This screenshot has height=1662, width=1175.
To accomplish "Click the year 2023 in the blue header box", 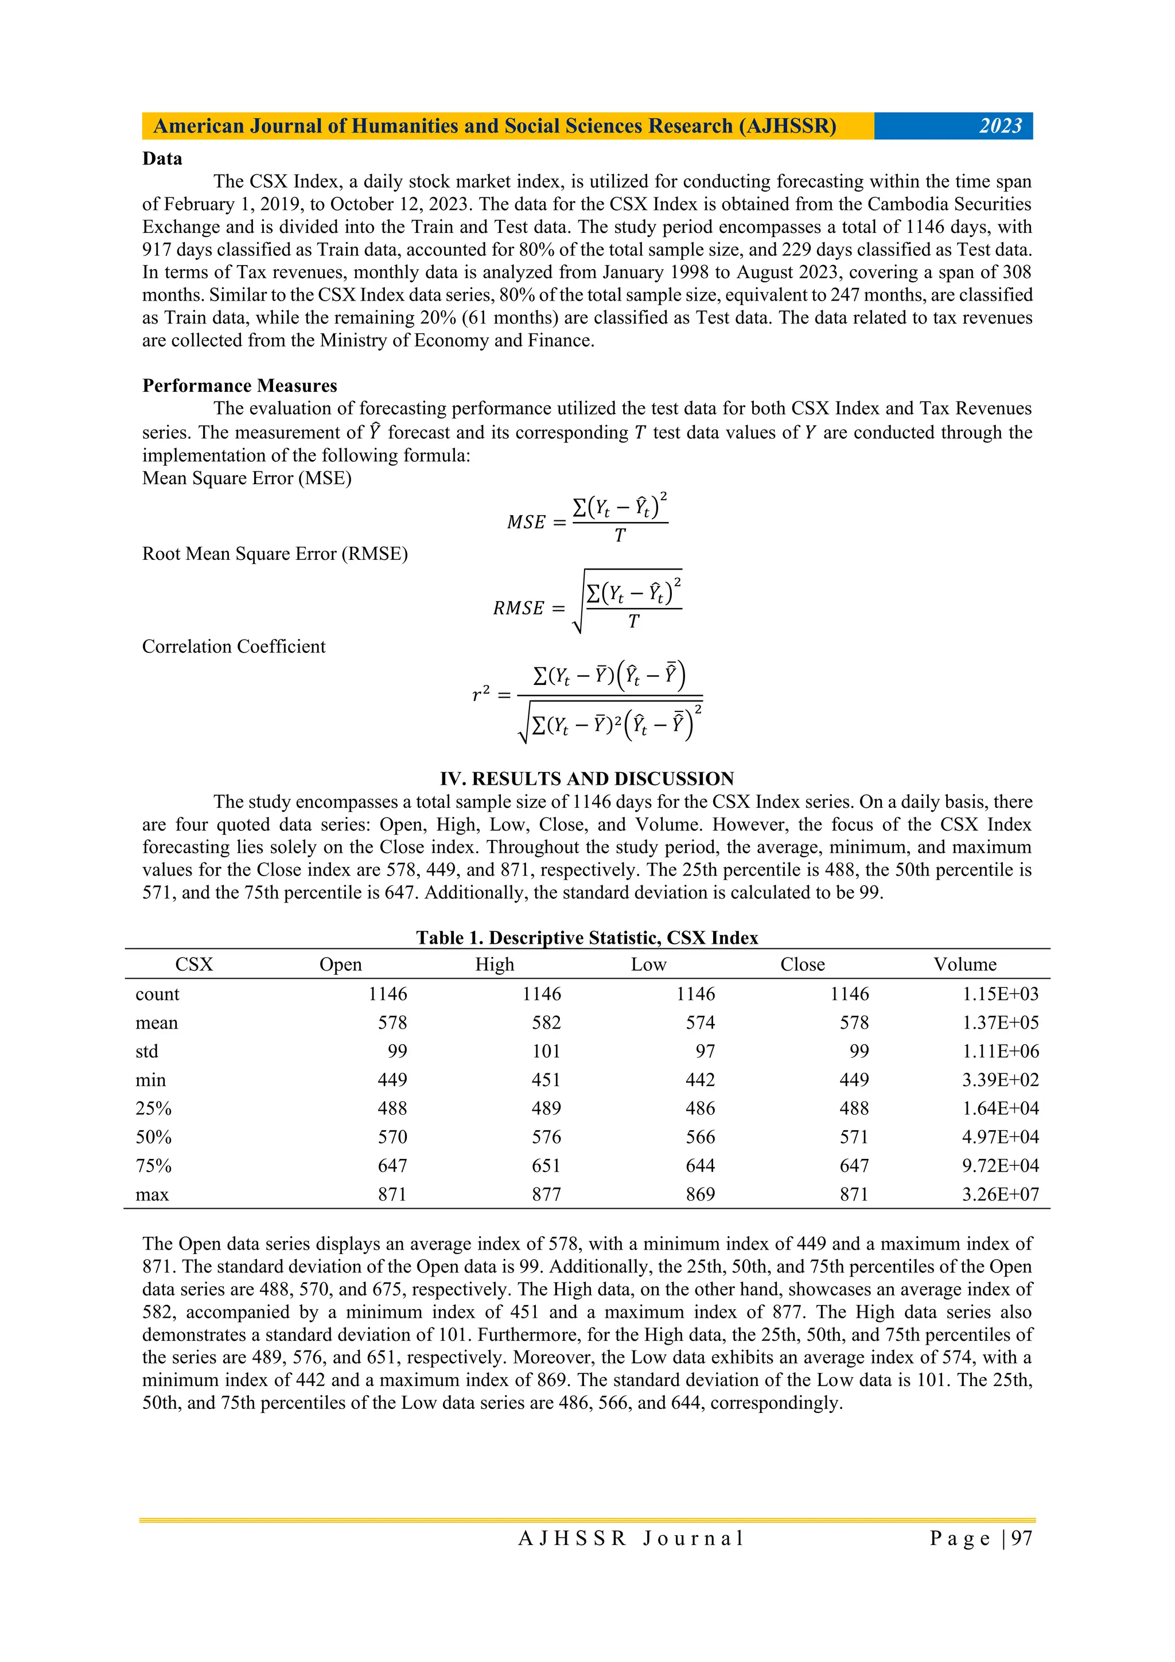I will tap(1000, 126).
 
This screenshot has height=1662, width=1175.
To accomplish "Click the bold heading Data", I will tap(162, 158).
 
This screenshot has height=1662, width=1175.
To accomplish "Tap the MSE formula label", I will tap(526, 522).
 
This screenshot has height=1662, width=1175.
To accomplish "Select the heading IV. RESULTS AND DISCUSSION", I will tap(586, 779).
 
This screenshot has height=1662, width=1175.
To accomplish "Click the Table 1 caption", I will tap(586, 937).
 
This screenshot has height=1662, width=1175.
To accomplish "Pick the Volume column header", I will tap(964, 964).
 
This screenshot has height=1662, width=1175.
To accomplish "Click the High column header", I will tap(495, 964).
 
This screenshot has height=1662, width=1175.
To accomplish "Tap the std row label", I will tap(147, 1051).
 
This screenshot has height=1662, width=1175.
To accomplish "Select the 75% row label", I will tap(154, 1165).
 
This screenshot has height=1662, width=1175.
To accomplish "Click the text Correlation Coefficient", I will tap(234, 647).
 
